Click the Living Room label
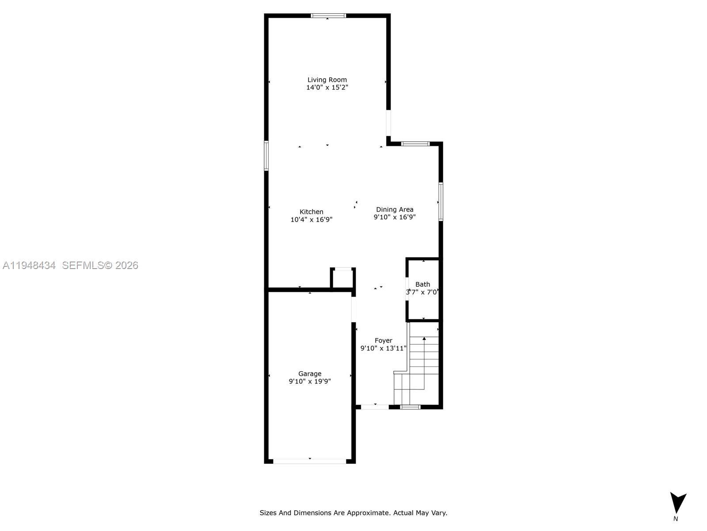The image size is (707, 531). [327, 80]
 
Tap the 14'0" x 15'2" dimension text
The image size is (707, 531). [327, 88]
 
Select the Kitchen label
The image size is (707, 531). [312, 212]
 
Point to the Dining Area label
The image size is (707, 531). [395, 210]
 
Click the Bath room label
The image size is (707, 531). [422, 285]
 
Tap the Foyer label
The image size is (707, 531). [384, 341]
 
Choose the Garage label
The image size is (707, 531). [310, 374]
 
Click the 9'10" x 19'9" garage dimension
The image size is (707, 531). [310, 381]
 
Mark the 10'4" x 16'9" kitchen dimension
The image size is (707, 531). [312, 219]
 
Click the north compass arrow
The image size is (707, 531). [677, 503]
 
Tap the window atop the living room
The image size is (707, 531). [328, 15]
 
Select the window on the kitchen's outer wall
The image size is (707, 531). [266, 155]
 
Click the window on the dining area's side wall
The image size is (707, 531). [441, 201]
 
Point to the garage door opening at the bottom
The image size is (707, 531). [310, 461]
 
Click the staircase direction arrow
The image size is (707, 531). [424, 339]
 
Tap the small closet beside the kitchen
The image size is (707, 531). [343, 279]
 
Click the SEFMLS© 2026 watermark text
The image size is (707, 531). [100, 265]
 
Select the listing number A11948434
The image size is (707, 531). [29, 265]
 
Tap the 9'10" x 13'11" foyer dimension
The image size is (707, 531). [384, 348]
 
